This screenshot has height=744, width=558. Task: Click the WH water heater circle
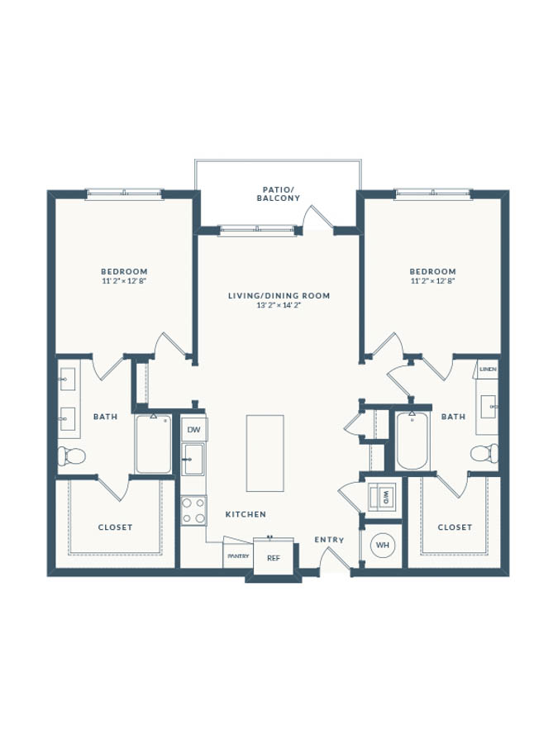(x=383, y=545)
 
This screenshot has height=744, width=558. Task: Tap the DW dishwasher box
(x=194, y=430)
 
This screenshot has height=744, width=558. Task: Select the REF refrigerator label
(x=274, y=558)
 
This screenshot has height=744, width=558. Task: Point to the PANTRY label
(x=238, y=556)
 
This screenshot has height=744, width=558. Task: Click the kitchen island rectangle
(x=265, y=453)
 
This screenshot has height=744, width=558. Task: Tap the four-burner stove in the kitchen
(x=193, y=510)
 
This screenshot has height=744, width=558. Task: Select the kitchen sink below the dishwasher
(x=193, y=459)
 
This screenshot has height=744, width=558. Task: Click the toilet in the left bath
(x=71, y=456)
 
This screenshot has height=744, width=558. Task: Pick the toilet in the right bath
(x=484, y=453)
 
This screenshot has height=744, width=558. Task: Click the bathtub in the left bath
(x=153, y=444)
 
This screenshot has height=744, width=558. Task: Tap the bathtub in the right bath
(x=413, y=441)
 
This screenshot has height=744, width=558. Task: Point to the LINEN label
(x=488, y=370)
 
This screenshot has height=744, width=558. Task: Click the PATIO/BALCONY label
(x=279, y=194)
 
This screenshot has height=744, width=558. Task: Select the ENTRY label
(x=329, y=540)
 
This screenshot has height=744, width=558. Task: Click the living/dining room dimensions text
(x=279, y=306)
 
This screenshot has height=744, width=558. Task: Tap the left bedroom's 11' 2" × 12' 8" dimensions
(x=124, y=281)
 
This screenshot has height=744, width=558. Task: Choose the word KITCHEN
(x=246, y=514)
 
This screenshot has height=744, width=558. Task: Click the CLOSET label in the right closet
(x=455, y=527)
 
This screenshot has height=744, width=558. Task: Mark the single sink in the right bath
(x=489, y=407)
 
